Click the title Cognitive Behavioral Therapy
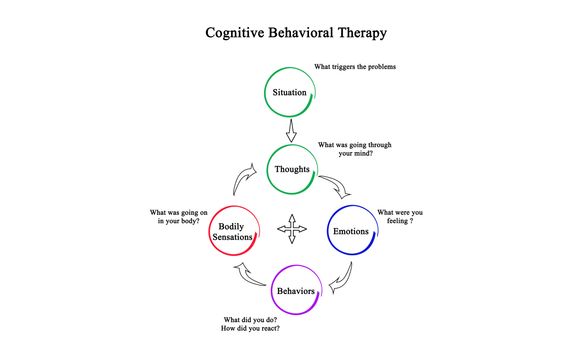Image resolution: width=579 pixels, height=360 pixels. tap(296, 32)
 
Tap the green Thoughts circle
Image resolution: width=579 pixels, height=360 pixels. tap(292, 169)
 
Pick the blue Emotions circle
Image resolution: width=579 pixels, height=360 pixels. tap(350, 231)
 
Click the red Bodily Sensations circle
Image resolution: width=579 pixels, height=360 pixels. tap(235, 232)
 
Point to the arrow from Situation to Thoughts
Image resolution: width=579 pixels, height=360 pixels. tap(292, 131)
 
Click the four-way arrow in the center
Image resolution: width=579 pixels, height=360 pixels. tap(293, 229)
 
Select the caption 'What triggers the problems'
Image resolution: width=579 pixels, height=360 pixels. tap(355, 67)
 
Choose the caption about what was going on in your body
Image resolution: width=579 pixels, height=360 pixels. tap(177, 218)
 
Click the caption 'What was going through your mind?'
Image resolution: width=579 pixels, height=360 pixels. tap(354, 150)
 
